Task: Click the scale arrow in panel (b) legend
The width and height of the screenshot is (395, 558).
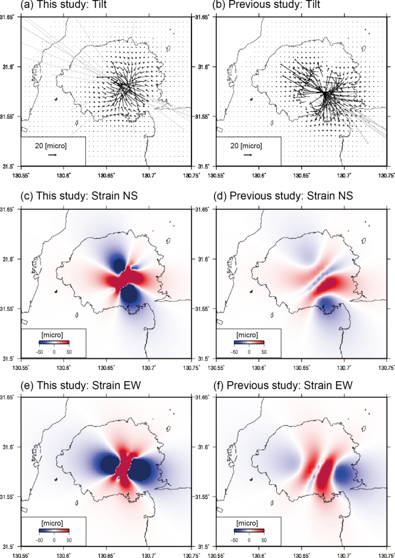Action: tap(249, 155)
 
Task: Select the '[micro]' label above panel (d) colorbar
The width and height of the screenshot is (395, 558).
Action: tap(249, 334)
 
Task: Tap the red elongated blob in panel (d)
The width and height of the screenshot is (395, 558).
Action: tap(330, 284)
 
